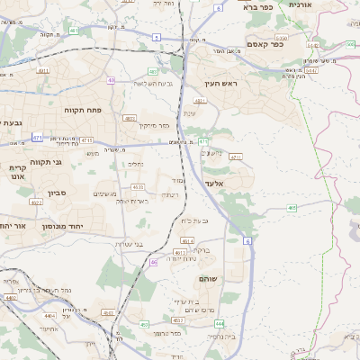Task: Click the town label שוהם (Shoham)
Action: [x=206, y=278]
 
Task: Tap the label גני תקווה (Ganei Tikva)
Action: [x=45, y=162]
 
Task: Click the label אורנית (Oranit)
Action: [x=300, y=5]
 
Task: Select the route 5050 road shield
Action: [x=282, y=39]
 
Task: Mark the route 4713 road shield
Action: [x=86, y=140]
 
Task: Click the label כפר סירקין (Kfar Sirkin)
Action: [x=154, y=126]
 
